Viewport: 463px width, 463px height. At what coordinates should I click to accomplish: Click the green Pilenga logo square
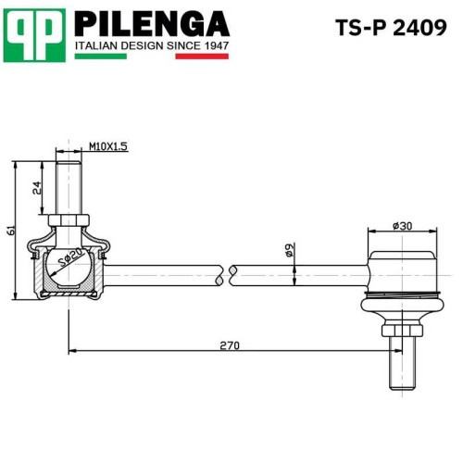tap(34, 35)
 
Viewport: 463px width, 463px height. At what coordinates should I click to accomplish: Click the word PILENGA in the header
tap(152, 24)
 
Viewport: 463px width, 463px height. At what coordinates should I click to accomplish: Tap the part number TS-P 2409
tap(391, 28)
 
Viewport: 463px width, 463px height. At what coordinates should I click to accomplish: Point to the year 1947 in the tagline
tap(217, 46)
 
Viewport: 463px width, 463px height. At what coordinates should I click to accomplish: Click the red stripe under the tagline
tap(202, 56)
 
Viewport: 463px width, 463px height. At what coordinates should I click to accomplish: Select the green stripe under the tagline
tap(101, 56)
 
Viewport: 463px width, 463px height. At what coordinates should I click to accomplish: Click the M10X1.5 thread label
tap(108, 146)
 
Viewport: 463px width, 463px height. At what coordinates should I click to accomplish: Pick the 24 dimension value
tap(37, 188)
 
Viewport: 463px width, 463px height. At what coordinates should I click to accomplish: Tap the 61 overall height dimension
tap(11, 231)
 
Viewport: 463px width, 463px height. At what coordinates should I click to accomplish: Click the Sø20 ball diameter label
tap(71, 258)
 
